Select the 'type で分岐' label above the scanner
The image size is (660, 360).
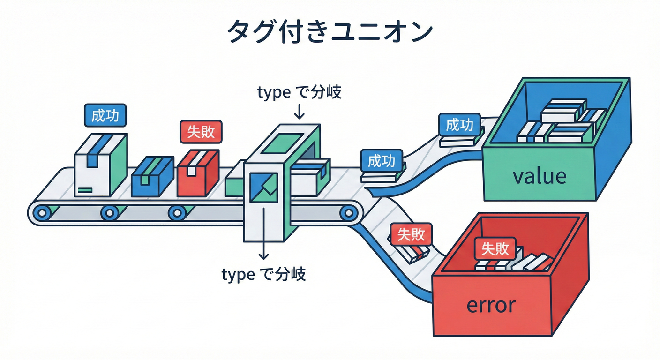coord(300,92)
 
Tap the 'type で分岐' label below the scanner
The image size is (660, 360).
coord(263,274)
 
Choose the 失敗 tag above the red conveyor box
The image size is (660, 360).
coord(201,132)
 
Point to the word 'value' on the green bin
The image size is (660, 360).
coord(540,176)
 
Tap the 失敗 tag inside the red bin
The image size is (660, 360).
coord(495,248)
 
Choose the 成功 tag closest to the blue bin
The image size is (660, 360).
coord(459,125)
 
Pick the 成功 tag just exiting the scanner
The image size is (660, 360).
coord(381,161)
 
